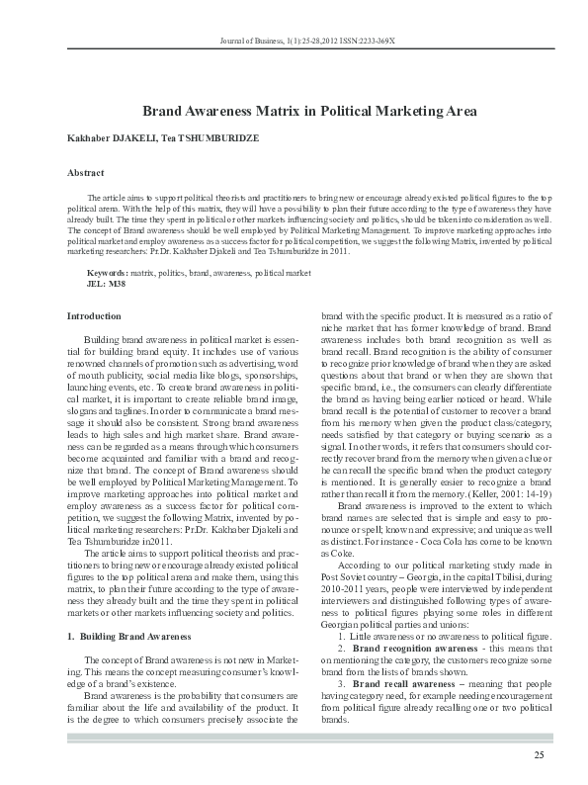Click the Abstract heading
click(86, 173)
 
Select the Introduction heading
click(94, 315)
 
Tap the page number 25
click(539, 756)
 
